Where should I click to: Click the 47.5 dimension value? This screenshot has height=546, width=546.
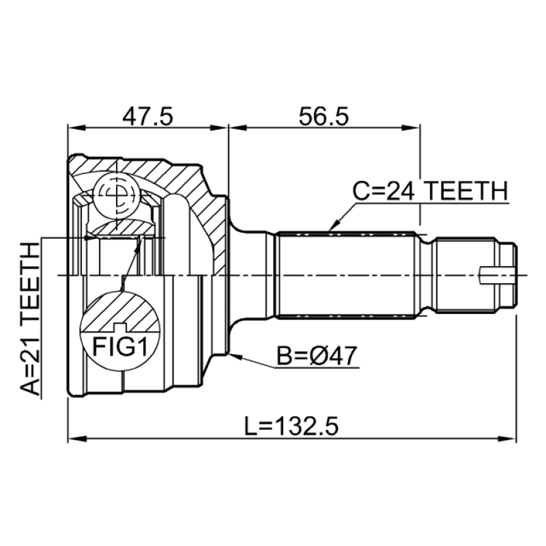pos(147,116)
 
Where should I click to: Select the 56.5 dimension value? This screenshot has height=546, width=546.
pos(324,116)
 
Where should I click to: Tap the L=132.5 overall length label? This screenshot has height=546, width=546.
pos(291,427)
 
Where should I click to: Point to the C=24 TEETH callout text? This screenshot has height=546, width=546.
pos(431,191)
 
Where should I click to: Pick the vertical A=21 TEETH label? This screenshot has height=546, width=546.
pos(30,318)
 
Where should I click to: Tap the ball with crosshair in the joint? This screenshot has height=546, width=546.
pos(115,195)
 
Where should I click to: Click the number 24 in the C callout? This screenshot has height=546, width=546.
pos(401,191)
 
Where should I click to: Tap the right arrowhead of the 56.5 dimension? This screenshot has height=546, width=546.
pos(416,126)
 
